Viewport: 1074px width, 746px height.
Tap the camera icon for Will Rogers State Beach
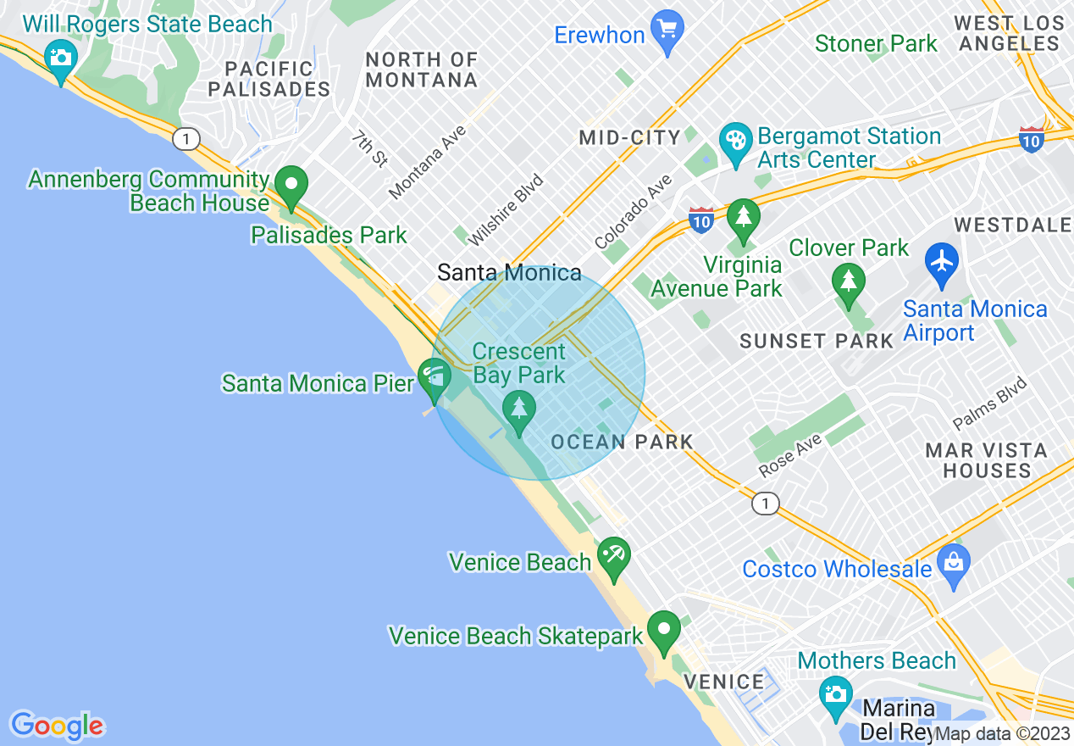coord(60,58)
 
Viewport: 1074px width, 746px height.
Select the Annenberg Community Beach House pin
coord(293,185)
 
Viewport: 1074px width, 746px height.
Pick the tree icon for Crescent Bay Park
coord(519,409)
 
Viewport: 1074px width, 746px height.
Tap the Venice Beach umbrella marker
coord(613,556)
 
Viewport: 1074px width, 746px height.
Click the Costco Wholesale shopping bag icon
coord(954,563)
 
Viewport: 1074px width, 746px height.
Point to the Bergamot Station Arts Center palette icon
coord(734,141)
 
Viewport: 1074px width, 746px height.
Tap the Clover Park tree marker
coord(848,281)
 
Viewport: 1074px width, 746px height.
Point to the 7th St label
coord(369,148)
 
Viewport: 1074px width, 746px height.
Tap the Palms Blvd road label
coord(989,404)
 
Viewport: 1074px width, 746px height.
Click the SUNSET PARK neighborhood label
coord(817,341)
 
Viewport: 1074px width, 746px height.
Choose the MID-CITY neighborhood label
coord(630,137)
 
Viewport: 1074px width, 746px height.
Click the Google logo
coord(58,726)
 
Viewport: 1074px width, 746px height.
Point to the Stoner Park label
coord(876,43)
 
